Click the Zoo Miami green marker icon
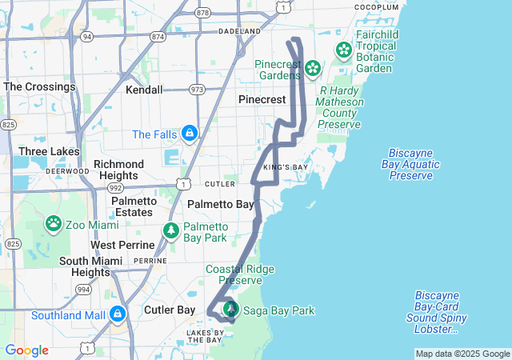pyautogui.click(x=54, y=222)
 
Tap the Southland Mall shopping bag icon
pyautogui.click(x=118, y=313)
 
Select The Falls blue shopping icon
pyautogui.click(x=190, y=132)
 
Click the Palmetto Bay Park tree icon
pyautogui.click(x=171, y=231)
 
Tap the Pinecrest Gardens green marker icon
pyautogui.click(x=311, y=70)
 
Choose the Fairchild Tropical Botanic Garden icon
pyautogui.click(x=344, y=50)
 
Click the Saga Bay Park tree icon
pyautogui.click(x=231, y=309)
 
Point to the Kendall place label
pyautogui.click(x=144, y=90)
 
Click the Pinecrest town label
pyautogui.click(x=262, y=99)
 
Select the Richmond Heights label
pyautogui.click(x=119, y=170)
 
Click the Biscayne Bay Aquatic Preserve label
pyautogui.click(x=414, y=164)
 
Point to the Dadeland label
pyautogui.click(x=240, y=31)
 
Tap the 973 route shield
pyautogui.click(x=197, y=90)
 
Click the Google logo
pyautogui.click(x=26, y=350)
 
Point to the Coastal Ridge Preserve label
pyautogui.click(x=234, y=274)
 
